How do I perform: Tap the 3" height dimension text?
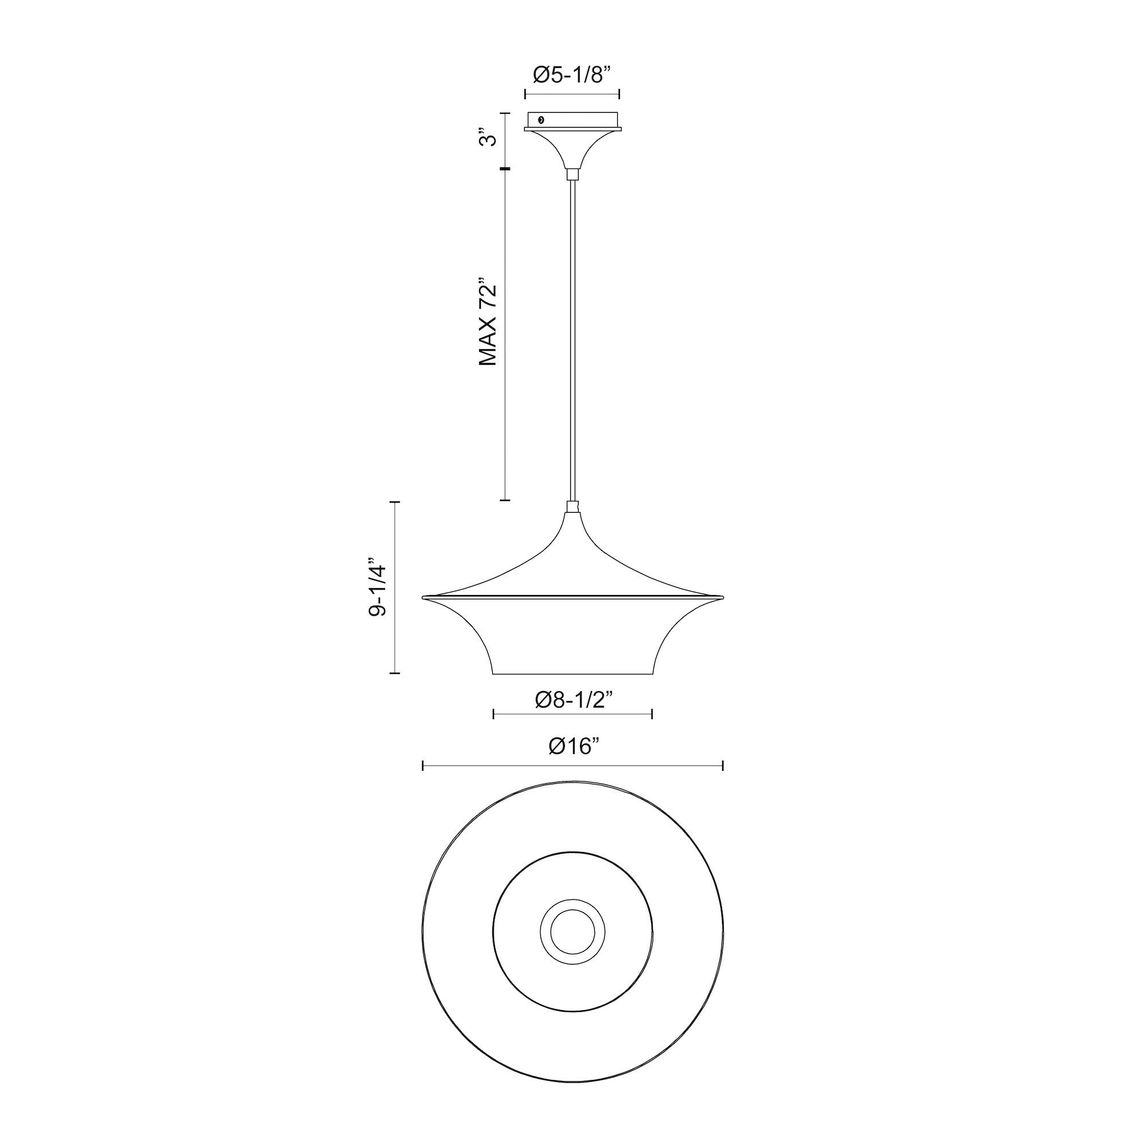[488, 140]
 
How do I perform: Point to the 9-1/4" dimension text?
[378, 587]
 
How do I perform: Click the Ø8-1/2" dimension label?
[573, 700]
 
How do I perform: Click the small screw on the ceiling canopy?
[540, 120]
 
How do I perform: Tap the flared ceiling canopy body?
[572, 148]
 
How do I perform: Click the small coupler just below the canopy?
[572, 174]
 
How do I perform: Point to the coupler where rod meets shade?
[572, 507]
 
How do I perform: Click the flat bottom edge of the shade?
[572, 674]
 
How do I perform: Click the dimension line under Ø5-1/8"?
[572, 94]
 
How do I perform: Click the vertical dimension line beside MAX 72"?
[505, 335]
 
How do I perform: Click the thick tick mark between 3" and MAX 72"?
[505, 170]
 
